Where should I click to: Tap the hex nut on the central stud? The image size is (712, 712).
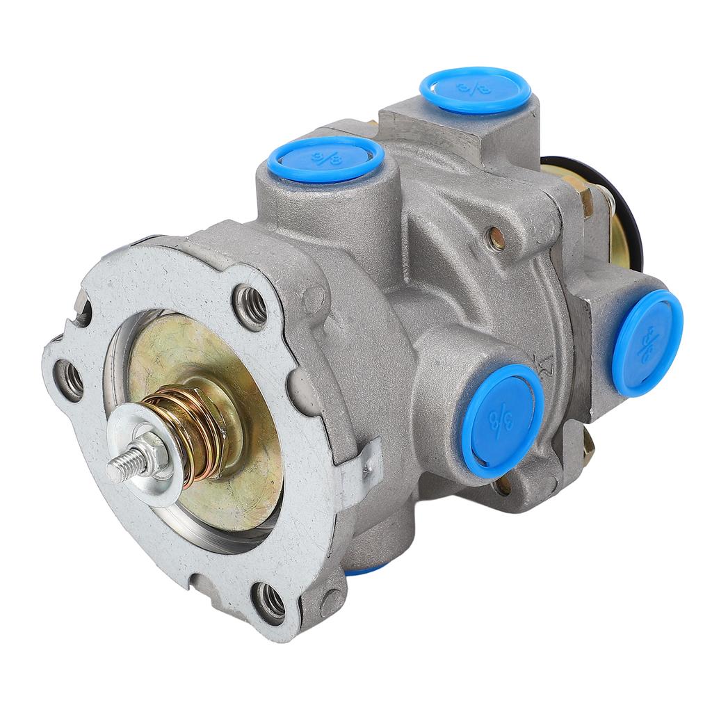click(x=148, y=455)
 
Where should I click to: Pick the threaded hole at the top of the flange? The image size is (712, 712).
click(x=250, y=306)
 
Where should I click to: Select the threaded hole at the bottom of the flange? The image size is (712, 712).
click(x=270, y=601)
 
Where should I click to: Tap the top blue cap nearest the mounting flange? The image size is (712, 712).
click(x=325, y=159)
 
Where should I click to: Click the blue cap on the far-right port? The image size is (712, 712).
click(x=647, y=342)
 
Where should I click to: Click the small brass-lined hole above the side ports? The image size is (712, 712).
click(x=496, y=238)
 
